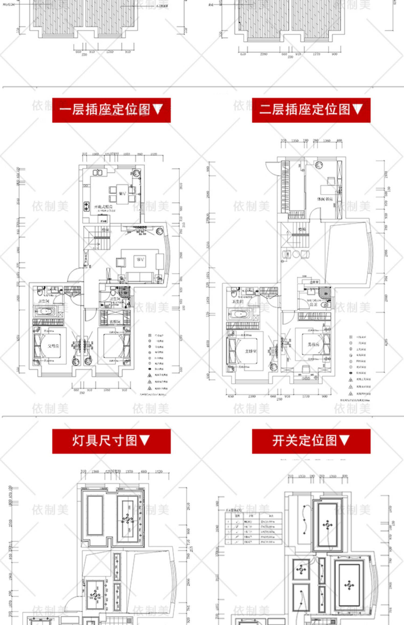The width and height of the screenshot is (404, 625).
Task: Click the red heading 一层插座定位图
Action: [111, 110]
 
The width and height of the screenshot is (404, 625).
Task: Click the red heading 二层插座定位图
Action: [311, 110]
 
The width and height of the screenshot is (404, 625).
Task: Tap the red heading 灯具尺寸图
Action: [111, 441]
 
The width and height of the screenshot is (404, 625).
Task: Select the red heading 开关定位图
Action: [311, 441]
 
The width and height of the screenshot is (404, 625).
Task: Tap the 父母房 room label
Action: [53, 346]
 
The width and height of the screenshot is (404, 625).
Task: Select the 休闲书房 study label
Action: [325, 199]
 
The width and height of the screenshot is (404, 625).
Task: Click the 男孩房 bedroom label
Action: [313, 344]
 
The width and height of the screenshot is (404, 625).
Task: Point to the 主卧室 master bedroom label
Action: [250, 351]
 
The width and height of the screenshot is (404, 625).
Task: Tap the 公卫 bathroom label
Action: [313, 304]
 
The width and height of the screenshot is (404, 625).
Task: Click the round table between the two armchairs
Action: [296, 254]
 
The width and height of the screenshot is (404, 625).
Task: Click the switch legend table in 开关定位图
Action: [253, 528]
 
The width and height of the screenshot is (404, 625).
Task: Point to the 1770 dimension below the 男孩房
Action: [306, 396]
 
